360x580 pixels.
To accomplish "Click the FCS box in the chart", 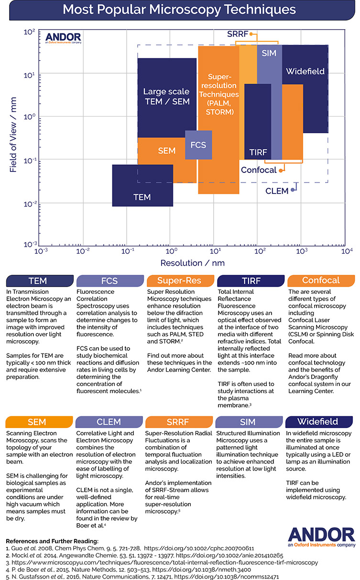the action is click(198, 145).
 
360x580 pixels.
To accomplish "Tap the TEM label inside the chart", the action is click(142, 197).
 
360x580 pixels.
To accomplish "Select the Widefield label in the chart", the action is click(305, 71).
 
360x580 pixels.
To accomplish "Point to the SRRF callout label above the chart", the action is click(238, 34).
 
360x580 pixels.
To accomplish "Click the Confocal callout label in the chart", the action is click(259, 170).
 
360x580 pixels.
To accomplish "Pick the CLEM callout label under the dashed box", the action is click(277, 191).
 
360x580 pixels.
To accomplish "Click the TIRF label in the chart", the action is click(258, 152).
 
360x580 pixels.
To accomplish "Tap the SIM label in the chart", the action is click(269, 53).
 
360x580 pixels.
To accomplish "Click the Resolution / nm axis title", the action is click(192, 263).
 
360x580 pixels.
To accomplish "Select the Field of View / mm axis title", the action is click(13, 135).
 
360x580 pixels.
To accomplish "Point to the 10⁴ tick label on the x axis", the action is click(347, 251).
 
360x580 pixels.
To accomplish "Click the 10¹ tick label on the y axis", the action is click(29, 75).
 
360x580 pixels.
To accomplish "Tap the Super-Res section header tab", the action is click(180, 280).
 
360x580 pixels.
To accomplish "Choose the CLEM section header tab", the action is click(109, 422).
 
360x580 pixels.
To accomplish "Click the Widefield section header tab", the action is click(319, 422).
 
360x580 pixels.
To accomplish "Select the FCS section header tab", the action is click(110, 280).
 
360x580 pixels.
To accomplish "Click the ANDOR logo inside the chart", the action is click(63, 38).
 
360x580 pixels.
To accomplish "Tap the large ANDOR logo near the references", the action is click(321, 537).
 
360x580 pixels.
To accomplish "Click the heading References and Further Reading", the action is click(52, 541).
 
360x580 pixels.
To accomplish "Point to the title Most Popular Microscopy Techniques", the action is click(179, 10).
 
